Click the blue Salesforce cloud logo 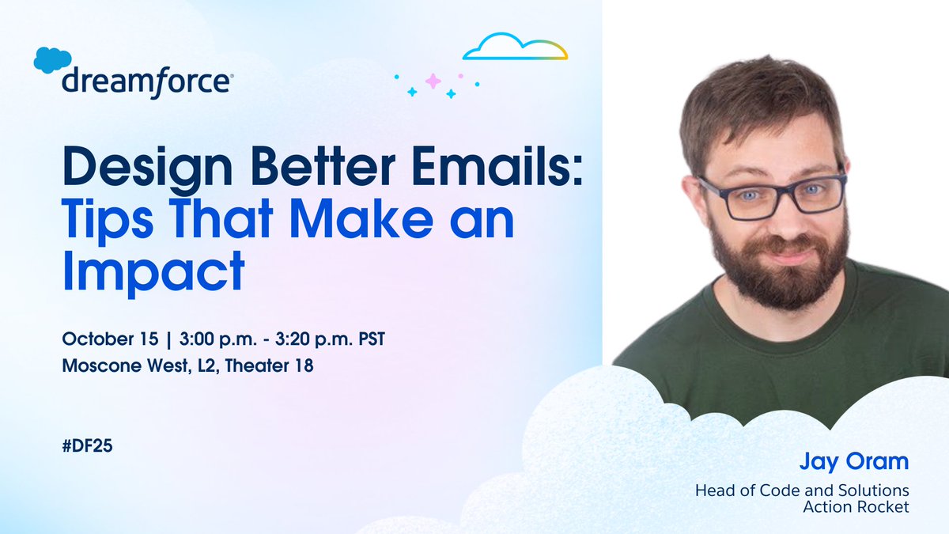tap(53, 60)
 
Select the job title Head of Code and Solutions tap(802, 490)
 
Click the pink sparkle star tap(433, 80)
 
